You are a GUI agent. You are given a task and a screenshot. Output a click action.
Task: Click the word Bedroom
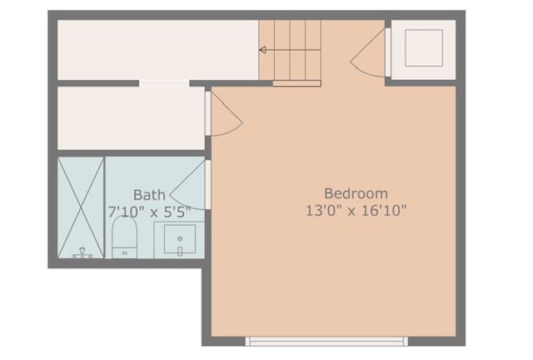click(356, 192)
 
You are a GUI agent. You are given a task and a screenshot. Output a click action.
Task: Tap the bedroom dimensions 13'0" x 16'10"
click(356, 210)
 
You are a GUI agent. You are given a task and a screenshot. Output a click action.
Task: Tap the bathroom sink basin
click(179, 242)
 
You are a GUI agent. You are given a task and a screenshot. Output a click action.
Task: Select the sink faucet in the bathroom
click(179, 238)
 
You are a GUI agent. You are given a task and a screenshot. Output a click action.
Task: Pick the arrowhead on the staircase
click(262, 51)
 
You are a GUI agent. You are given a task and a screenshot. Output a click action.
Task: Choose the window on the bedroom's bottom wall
click(326, 340)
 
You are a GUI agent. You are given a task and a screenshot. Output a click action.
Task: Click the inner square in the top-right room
click(423, 49)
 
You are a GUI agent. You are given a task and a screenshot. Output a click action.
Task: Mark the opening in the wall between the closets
click(164, 82)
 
